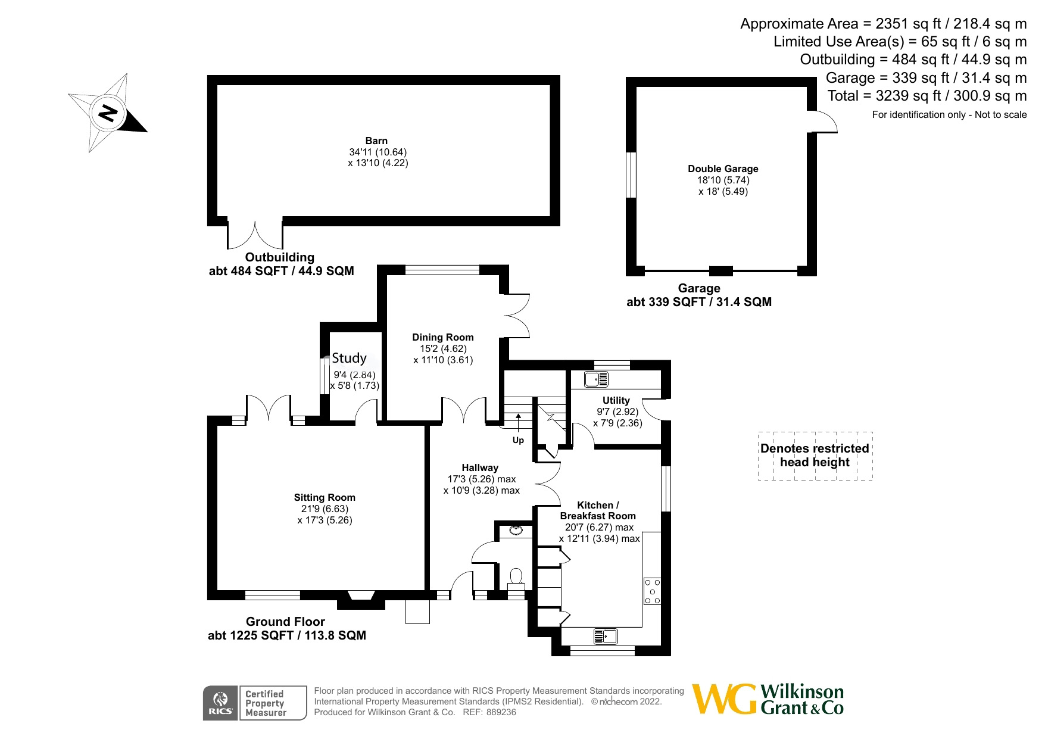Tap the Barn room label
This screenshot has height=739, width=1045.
[x=376, y=141]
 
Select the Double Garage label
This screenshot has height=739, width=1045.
[x=723, y=169]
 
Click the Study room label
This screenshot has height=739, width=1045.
[x=349, y=358]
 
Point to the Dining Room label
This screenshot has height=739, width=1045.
[x=443, y=338]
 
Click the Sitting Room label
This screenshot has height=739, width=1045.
[x=325, y=498]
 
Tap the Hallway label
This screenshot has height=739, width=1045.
[x=480, y=468]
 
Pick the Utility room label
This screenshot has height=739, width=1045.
[x=616, y=400]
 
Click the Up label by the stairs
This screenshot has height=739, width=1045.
[x=518, y=441]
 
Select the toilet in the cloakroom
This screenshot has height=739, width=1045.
[x=516, y=578]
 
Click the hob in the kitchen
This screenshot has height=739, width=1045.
[x=652, y=591]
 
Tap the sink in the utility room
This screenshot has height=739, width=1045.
[x=596, y=379]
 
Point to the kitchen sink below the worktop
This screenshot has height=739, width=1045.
[x=606, y=637]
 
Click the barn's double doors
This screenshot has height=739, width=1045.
[x=255, y=236]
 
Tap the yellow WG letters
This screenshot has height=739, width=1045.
[x=725, y=699]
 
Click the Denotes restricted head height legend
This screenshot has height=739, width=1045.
[x=815, y=456]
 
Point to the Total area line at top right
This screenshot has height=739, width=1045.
[x=927, y=96]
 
